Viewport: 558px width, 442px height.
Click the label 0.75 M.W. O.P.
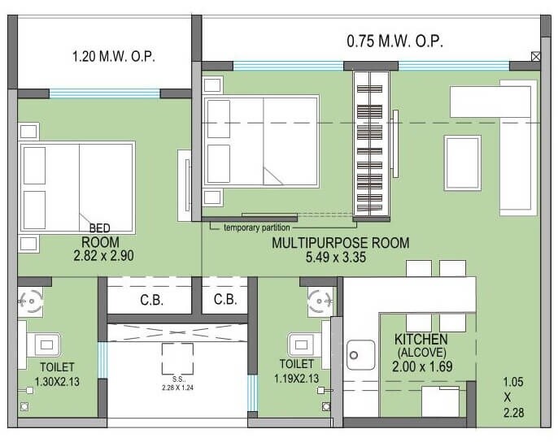coord(396,40)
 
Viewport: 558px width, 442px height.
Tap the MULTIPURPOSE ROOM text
coord(341,243)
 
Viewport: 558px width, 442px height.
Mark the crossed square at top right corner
coord(534,57)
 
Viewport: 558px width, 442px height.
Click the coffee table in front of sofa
coord(462,163)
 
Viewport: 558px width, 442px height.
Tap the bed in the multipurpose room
coord(260,142)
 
